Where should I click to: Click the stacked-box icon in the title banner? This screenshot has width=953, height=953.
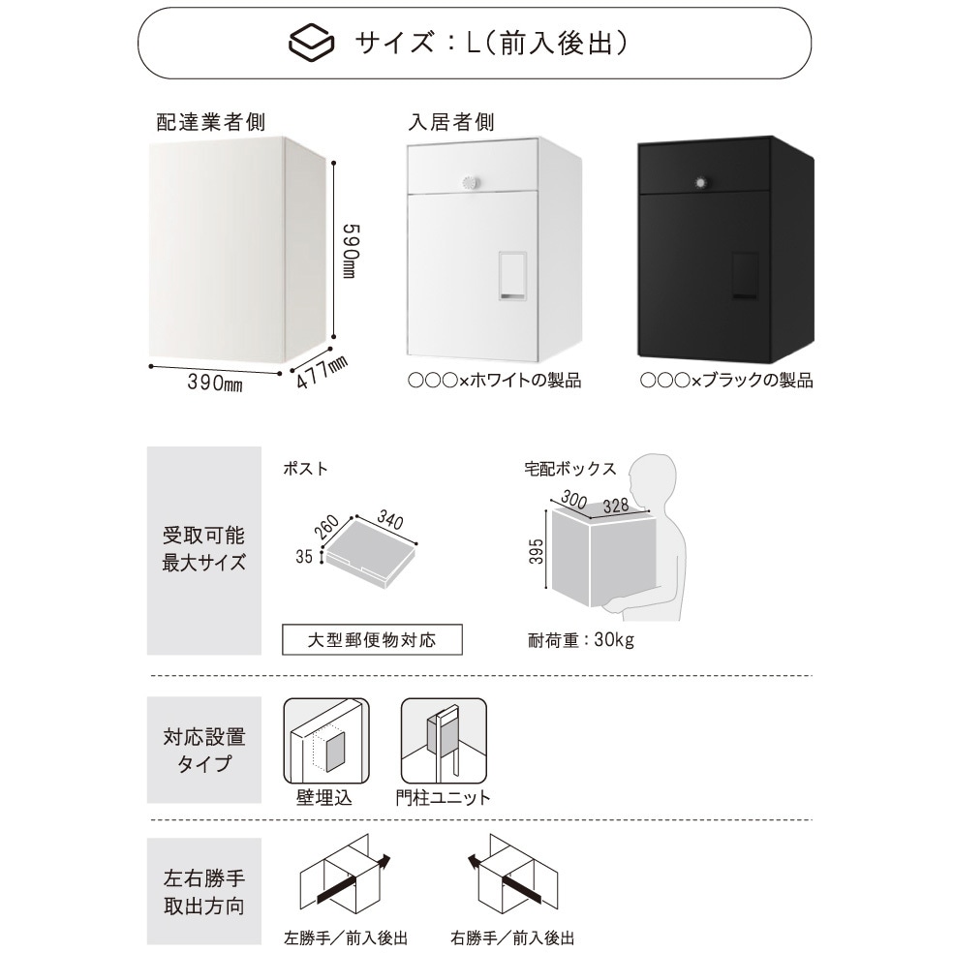click(x=311, y=42)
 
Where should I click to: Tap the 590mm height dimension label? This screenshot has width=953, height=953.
click(x=351, y=251)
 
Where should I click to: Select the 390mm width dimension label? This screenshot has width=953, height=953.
click(x=215, y=383)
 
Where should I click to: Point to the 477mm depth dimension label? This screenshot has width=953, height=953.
click(x=323, y=373)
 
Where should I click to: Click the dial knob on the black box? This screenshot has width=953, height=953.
click(x=702, y=183)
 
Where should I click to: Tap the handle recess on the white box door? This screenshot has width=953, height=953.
click(x=512, y=276)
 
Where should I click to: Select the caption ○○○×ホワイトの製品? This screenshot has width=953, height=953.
click(x=495, y=381)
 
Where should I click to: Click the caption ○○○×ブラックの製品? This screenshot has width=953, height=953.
click(x=726, y=381)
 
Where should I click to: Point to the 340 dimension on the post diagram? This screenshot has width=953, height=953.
click(x=389, y=520)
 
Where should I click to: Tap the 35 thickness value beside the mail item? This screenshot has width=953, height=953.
click(x=304, y=556)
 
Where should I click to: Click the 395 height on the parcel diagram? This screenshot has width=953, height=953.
click(x=537, y=551)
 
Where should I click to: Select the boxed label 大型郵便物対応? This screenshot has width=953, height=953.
click(x=372, y=640)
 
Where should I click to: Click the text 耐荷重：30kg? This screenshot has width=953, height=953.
click(x=581, y=640)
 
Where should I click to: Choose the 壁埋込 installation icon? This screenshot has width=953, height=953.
click(x=326, y=741)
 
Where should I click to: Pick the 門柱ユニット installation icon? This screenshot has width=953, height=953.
click(x=444, y=741)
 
